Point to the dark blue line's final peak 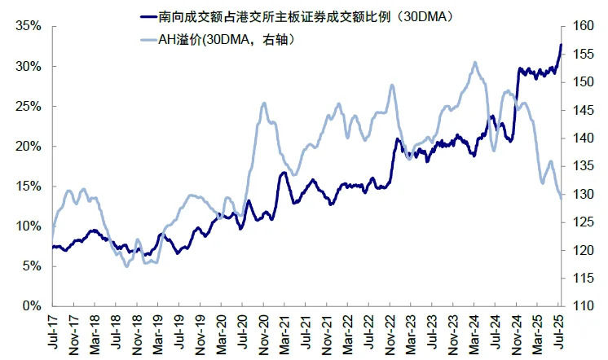point(561,45)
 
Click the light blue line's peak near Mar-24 point(474,63)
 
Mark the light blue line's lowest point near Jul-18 point(126,266)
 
